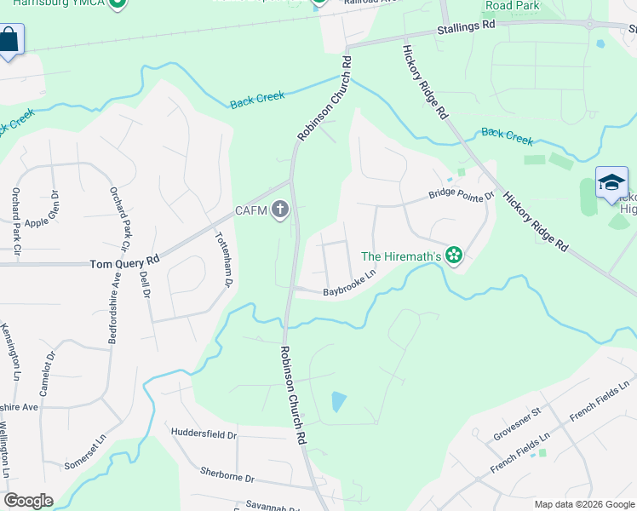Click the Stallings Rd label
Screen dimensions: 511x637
click(x=466, y=27)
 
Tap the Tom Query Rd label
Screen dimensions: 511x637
click(x=124, y=264)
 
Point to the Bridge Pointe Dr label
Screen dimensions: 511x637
click(x=461, y=195)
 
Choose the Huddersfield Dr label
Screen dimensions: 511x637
click(x=204, y=434)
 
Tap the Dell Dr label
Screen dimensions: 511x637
click(x=144, y=281)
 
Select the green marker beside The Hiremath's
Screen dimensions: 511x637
click(x=454, y=255)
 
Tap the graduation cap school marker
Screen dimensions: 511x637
click(x=611, y=181)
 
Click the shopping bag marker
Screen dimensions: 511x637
click(x=9, y=39)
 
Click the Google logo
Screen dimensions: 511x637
click(x=28, y=501)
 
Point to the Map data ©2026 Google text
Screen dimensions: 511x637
click(x=585, y=504)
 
